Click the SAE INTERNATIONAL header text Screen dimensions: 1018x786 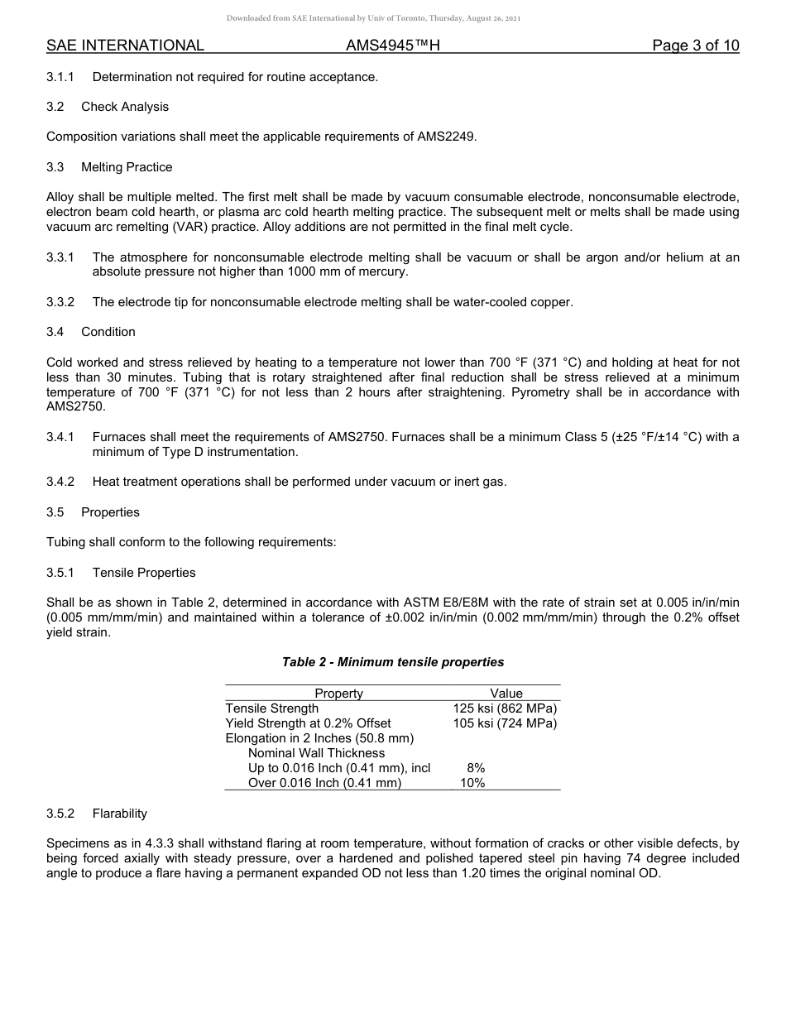(x=125, y=46)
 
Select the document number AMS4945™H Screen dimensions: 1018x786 (x=392, y=46)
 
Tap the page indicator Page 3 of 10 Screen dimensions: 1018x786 (x=695, y=46)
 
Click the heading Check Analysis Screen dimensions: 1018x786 (x=124, y=107)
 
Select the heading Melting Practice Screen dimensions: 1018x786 (x=127, y=167)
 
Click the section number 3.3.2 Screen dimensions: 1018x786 (x=60, y=302)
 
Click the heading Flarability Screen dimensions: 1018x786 (x=119, y=814)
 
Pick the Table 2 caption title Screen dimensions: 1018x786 (x=393, y=662)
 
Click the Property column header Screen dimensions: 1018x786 (x=338, y=694)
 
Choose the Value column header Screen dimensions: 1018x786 (x=506, y=694)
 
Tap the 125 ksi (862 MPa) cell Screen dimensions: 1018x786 (x=505, y=708)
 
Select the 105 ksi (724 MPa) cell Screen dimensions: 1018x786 (x=505, y=723)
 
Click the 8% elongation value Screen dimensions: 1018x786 (x=476, y=768)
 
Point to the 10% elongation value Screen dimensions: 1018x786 (x=472, y=783)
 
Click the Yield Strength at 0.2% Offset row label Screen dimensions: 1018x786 (x=308, y=723)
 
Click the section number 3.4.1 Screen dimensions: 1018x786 (x=60, y=437)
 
